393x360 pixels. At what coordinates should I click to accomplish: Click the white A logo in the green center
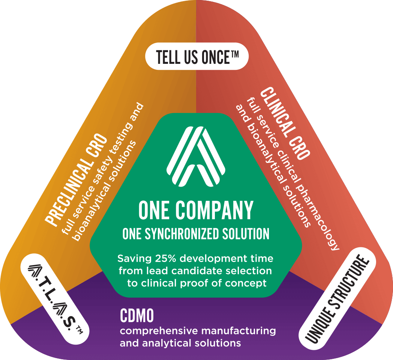point(196,156)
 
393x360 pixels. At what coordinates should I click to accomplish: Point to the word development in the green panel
point(204,259)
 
